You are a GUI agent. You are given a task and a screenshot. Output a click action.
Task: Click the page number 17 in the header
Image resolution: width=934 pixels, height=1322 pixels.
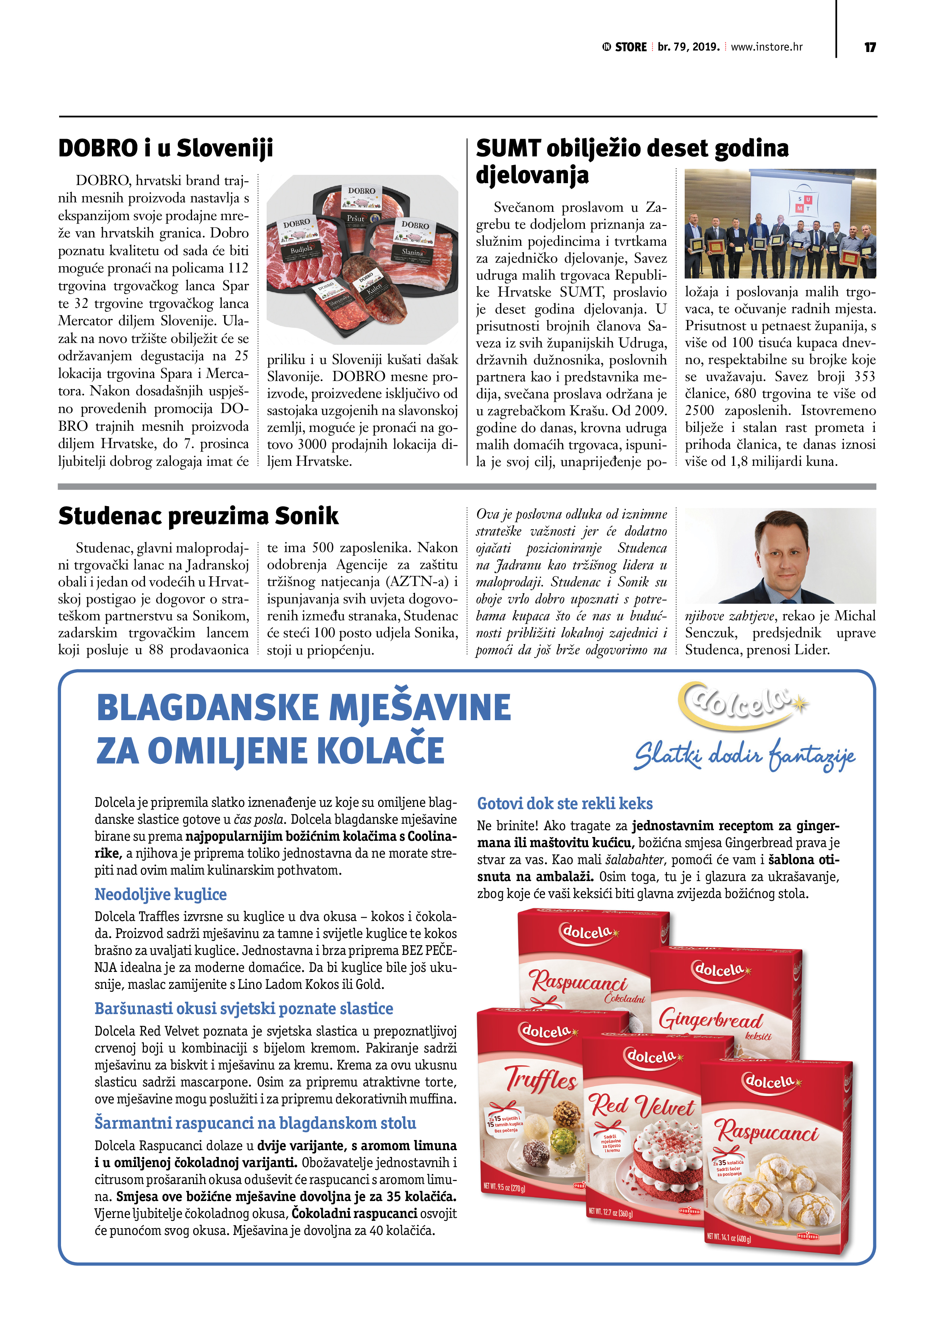tap(870, 47)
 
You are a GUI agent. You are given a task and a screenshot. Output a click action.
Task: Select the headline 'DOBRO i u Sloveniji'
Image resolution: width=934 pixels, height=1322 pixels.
tap(166, 148)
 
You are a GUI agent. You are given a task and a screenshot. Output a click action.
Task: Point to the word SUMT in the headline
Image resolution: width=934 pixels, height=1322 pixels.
tap(508, 148)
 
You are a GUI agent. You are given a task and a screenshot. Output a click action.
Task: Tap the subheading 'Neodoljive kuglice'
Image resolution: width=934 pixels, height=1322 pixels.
tap(160, 894)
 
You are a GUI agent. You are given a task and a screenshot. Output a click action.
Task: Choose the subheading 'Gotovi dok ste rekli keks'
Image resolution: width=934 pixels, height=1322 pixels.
tap(565, 803)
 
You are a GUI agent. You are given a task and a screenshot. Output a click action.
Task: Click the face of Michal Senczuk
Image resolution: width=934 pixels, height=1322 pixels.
tap(779, 553)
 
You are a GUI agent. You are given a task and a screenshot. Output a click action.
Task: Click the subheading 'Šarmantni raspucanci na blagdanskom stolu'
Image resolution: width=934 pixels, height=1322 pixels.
tap(255, 1123)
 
